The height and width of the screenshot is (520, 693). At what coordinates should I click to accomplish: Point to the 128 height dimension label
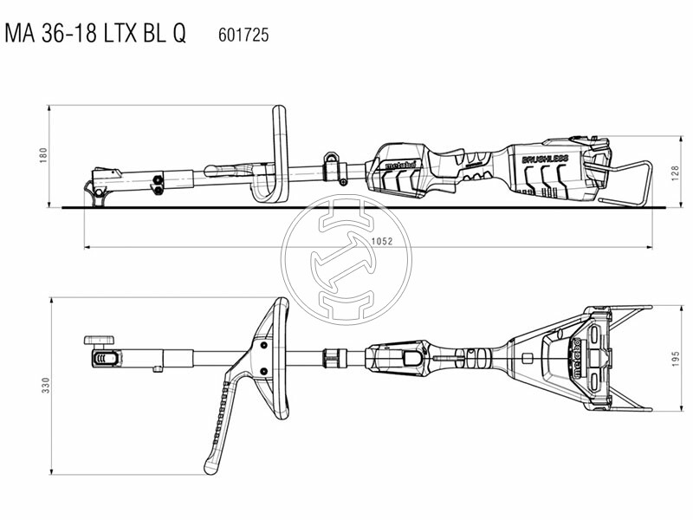[x=671, y=172]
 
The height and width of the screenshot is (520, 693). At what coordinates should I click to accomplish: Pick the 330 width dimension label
[x=42, y=384]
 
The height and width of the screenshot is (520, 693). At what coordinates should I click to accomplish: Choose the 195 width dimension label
[x=671, y=357]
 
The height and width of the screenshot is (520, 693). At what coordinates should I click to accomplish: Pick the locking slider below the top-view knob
[x=104, y=357]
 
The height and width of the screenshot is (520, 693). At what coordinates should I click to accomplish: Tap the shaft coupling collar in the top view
[x=332, y=356]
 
